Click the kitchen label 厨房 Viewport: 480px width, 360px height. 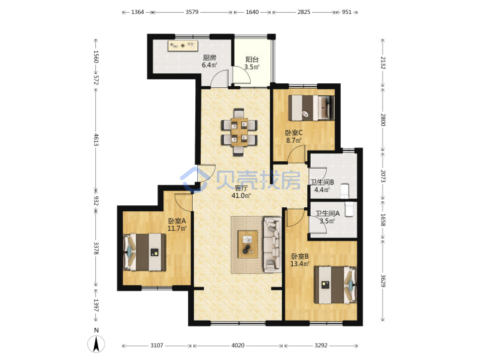(x=210, y=57)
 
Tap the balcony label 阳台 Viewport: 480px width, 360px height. (x=252, y=59)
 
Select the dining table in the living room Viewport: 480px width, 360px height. (x=239, y=131)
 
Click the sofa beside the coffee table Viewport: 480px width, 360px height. (x=272, y=244)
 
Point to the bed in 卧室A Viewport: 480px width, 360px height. (x=145, y=252)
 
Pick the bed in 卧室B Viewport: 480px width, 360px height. (x=335, y=285)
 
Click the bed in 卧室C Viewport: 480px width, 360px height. (x=311, y=108)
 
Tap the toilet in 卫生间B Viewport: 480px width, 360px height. (x=345, y=191)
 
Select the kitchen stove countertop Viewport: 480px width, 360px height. (x=183, y=45)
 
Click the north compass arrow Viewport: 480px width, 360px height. (x=96, y=344)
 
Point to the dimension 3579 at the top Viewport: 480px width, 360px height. (x=192, y=12)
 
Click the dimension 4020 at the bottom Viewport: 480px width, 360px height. (x=238, y=345)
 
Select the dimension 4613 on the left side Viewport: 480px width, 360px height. (x=96, y=139)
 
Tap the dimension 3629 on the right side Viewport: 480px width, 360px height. (x=383, y=281)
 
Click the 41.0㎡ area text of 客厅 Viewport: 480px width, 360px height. (x=241, y=195)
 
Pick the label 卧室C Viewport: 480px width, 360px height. (x=294, y=133)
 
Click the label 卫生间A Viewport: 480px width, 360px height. (x=327, y=213)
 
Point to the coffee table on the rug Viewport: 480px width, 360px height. (x=247, y=244)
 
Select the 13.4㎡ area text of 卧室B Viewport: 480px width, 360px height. (x=300, y=263)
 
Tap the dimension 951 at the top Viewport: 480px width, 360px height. (x=347, y=12)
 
